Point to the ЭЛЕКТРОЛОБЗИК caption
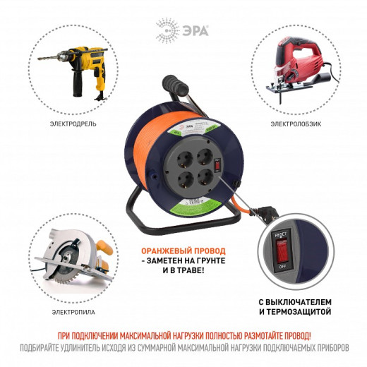click(294, 124)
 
